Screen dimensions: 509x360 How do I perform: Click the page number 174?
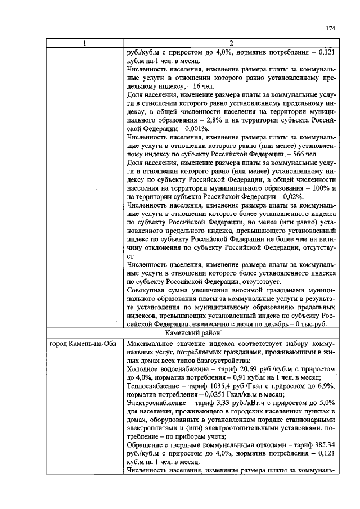coord(330,29)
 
